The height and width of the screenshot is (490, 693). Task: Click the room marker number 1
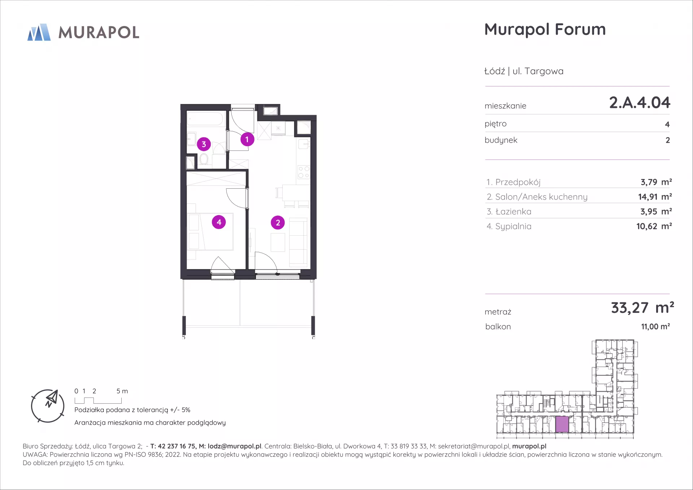pyautogui.click(x=247, y=139)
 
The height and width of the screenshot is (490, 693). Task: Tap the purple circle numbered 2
pyautogui.click(x=278, y=223)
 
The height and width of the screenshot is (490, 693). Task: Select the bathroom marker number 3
pyautogui.click(x=204, y=144)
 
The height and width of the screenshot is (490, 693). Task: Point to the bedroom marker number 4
pyautogui.click(x=219, y=222)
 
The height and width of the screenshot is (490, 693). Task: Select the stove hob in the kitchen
pyautogui.click(x=304, y=172)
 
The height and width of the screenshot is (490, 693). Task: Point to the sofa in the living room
pyautogui.click(x=298, y=242)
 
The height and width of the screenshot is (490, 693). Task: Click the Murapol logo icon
pyautogui.click(x=39, y=32)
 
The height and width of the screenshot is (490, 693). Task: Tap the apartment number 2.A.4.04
pyautogui.click(x=640, y=102)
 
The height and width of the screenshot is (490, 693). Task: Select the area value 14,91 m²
pyautogui.click(x=655, y=197)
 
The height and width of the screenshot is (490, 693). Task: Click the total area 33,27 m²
pyautogui.click(x=642, y=307)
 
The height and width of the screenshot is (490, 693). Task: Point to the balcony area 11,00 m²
pyautogui.click(x=655, y=327)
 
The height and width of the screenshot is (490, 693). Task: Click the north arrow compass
pyautogui.click(x=48, y=406)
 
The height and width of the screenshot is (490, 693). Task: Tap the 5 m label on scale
pyautogui.click(x=122, y=391)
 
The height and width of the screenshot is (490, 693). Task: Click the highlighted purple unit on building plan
pyautogui.click(x=562, y=424)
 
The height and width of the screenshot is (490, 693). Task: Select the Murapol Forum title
pyautogui.click(x=545, y=29)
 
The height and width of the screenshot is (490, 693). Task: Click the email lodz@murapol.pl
pyautogui.click(x=234, y=446)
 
